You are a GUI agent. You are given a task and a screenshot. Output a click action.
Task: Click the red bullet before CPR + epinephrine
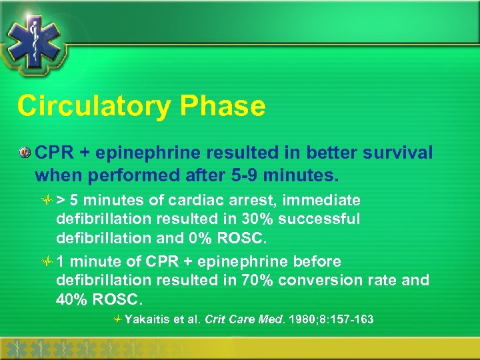coord(25,153)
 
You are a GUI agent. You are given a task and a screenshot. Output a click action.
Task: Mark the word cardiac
coord(208,201)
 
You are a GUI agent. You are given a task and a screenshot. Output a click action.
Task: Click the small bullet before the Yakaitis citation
coord(117,320)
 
